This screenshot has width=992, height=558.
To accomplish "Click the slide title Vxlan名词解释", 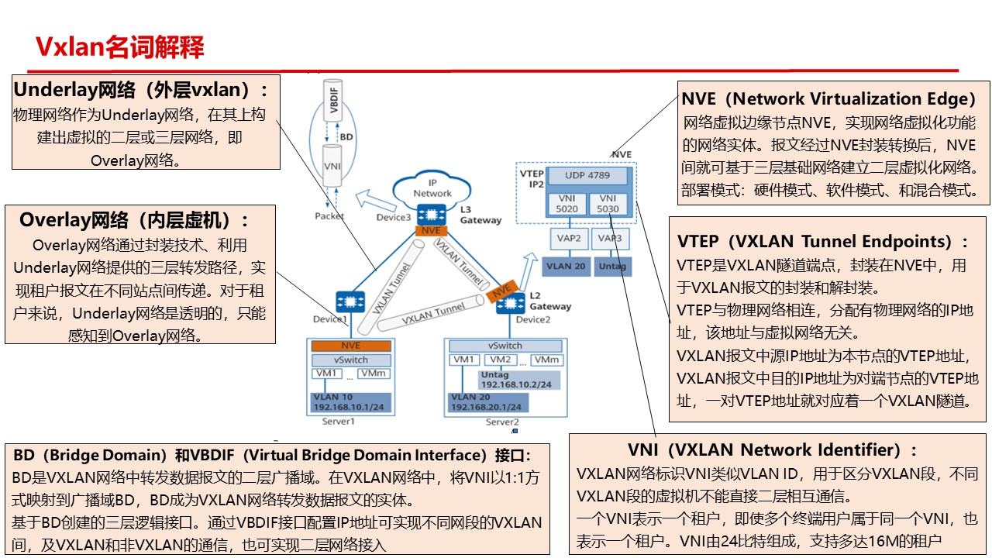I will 120,46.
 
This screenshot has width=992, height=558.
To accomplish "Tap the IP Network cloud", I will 432,188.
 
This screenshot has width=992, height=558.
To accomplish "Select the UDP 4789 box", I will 587,176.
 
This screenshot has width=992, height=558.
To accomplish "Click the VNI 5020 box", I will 567,204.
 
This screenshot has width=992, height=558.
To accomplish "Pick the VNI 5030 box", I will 608,204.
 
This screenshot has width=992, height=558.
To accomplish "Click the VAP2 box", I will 568,238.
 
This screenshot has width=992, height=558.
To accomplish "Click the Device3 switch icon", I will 429,213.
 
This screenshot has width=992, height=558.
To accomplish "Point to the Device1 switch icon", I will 351,301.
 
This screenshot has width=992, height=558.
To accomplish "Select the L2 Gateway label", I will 550,301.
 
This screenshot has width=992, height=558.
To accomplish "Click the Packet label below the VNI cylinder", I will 329,216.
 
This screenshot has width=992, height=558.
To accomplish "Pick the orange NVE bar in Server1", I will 350,346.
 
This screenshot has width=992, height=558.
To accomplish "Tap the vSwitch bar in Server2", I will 505,346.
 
